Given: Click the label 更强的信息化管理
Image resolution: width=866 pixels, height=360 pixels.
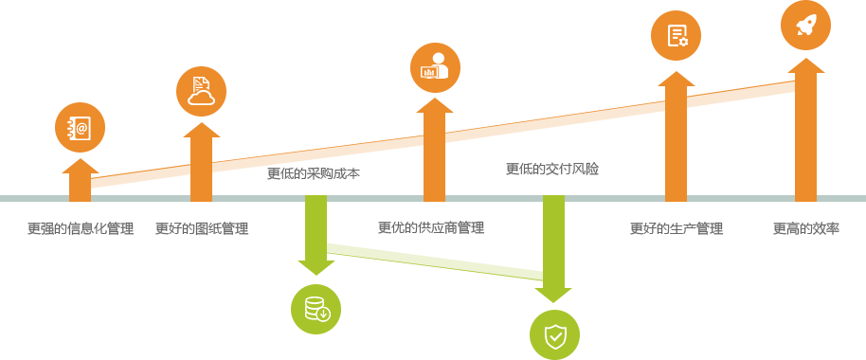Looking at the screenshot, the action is [81, 228].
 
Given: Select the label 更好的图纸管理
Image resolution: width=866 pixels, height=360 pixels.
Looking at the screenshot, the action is [202, 228].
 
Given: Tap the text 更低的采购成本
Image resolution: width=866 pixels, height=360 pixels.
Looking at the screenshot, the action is [314, 174].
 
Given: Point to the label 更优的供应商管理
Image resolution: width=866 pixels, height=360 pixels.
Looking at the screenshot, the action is [431, 227].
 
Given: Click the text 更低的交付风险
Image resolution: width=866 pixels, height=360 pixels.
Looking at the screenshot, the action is [552, 169].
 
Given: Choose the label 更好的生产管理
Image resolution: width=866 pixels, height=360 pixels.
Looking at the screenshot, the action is [677, 228].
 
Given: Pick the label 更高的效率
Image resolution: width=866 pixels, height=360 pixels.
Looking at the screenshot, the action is [805, 228].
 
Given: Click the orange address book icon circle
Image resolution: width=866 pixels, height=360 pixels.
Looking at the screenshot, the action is [81, 128].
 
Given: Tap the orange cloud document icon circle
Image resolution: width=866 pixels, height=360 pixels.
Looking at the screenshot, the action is [201, 91].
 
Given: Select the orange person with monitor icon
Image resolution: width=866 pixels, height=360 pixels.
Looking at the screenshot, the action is [435, 68].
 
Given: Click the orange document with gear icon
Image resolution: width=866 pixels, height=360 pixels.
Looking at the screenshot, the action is [676, 35].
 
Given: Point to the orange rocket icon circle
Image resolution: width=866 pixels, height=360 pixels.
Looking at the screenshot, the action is [805, 25].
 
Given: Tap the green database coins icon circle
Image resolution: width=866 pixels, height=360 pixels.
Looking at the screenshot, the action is [316, 309].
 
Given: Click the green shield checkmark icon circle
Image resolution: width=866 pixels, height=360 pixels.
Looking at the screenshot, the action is [554, 335].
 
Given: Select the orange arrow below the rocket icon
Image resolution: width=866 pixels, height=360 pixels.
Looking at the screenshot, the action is [805, 130].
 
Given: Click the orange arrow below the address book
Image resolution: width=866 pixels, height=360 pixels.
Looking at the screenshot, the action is [81, 180].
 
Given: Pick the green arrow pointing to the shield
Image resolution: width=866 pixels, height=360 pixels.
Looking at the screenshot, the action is [553, 249].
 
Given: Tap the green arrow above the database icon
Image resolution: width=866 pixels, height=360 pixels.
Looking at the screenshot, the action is [316, 235].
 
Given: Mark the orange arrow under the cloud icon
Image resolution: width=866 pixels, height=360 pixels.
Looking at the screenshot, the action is [201, 162].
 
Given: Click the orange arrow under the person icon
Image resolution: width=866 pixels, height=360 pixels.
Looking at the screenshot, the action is [434, 150].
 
